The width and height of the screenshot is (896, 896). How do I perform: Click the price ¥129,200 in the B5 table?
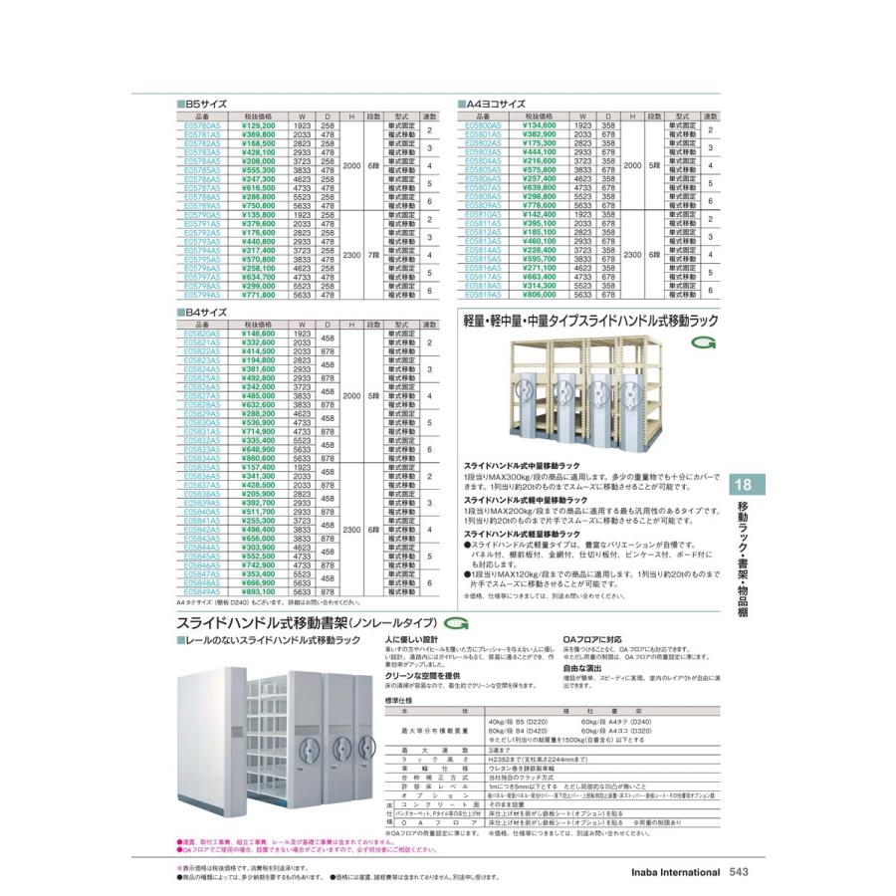(x=258, y=126)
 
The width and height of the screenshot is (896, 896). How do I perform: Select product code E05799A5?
(x=203, y=296)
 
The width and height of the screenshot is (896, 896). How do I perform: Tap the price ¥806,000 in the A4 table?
(x=540, y=296)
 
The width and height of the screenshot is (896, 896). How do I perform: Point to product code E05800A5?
(x=484, y=126)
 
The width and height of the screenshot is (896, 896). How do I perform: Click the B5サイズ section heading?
(x=202, y=104)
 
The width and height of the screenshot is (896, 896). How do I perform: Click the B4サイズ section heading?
(x=202, y=312)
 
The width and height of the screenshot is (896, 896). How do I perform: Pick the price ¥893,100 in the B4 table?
(x=258, y=592)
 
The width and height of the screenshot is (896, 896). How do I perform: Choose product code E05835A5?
(x=203, y=466)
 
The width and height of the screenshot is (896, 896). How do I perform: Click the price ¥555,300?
(x=258, y=170)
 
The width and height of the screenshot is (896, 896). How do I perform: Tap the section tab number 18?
(x=744, y=487)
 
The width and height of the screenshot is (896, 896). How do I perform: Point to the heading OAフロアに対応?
(x=592, y=639)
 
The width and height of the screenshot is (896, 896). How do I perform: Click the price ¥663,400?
(x=540, y=277)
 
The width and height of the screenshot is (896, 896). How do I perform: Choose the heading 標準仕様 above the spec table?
(x=397, y=700)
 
